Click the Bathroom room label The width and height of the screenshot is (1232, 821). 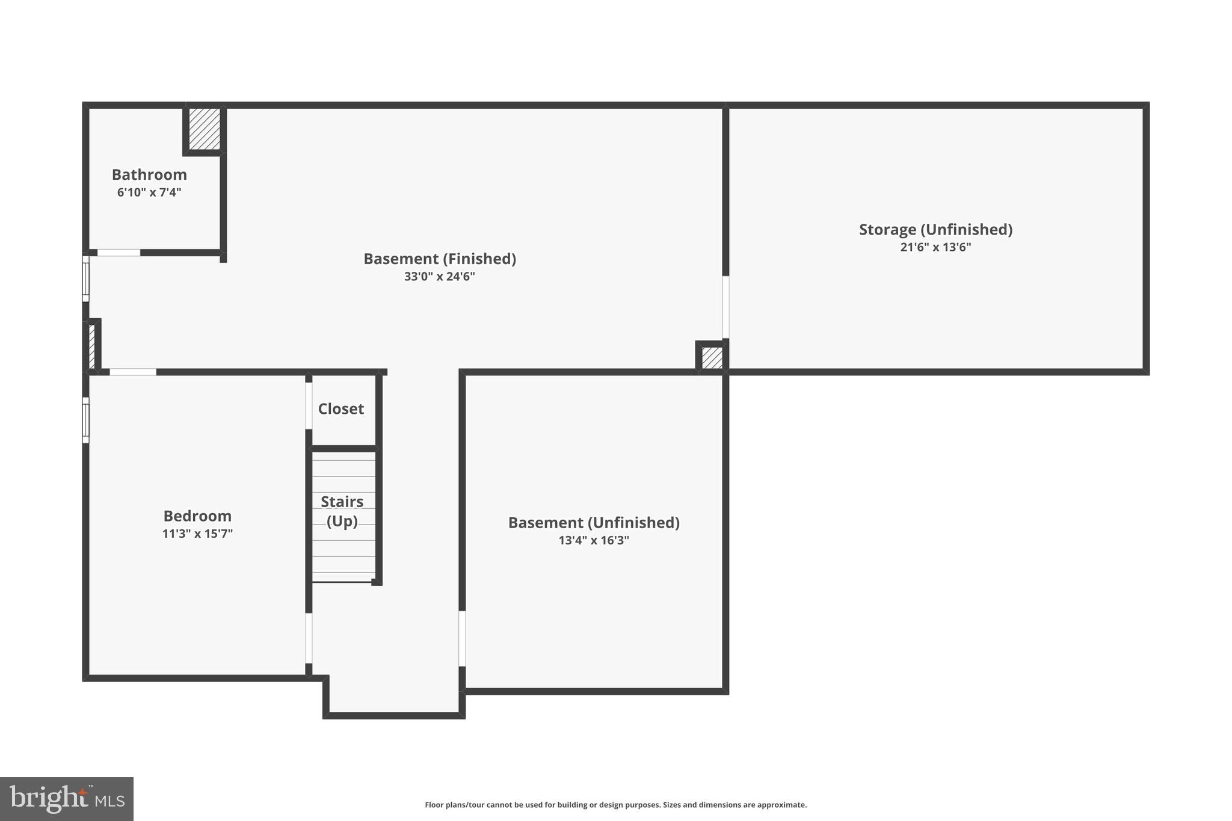[x=149, y=174]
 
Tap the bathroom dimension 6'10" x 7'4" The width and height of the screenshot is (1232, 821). [x=149, y=192]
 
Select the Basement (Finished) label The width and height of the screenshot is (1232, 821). [x=440, y=259]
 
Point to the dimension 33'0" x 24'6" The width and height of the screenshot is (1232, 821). [x=440, y=277]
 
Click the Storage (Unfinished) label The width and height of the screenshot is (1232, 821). [x=935, y=230]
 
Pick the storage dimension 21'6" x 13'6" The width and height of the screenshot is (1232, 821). [x=935, y=247]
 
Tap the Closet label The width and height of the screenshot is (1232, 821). [x=341, y=409]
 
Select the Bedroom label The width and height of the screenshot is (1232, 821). [x=197, y=516]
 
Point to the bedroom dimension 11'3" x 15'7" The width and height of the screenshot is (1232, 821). [x=197, y=533]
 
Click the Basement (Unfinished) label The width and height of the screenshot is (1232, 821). [x=594, y=523]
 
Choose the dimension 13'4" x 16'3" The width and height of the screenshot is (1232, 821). [x=594, y=540]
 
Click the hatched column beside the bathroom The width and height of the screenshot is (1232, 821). [x=205, y=129]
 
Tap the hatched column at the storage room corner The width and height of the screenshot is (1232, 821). [x=712, y=357]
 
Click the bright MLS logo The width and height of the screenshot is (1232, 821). [x=67, y=799]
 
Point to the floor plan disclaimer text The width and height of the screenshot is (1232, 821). [x=615, y=805]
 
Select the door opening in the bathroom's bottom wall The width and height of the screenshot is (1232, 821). [x=119, y=253]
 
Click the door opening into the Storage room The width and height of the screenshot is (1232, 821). [x=725, y=307]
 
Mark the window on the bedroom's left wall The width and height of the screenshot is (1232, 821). [x=85, y=420]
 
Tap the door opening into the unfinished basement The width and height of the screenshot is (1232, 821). [x=462, y=638]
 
